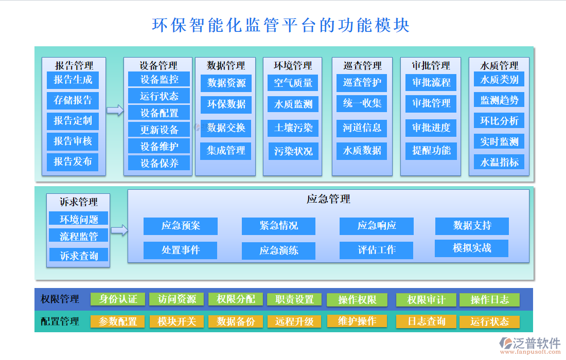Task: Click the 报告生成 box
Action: click(73, 80)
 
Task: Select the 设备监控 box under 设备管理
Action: click(159, 79)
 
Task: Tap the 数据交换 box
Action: click(226, 128)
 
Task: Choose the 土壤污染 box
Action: click(293, 128)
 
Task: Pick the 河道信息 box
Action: click(362, 128)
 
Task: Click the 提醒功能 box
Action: click(431, 150)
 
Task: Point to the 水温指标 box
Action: click(499, 162)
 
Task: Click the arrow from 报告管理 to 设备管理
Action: click(115, 110)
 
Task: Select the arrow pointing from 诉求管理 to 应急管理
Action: click(119, 230)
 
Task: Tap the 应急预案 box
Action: click(181, 226)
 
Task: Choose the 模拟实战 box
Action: click(472, 248)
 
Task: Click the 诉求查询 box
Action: click(79, 255)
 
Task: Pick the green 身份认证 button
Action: click(118, 299)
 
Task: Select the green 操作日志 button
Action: click(489, 299)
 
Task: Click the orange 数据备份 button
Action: click(236, 321)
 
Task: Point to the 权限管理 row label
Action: click(60, 299)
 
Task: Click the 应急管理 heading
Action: click(328, 199)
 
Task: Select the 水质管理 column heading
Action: click(499, 65)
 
